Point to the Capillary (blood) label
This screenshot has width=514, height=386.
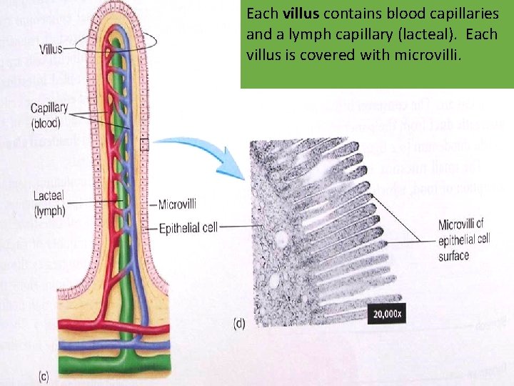tap(49, 115)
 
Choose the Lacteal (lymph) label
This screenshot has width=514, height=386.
tap(49, 203)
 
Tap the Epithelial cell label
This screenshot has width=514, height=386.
tap(188, 227)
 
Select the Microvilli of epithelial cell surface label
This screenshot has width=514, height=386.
tap(465, 240)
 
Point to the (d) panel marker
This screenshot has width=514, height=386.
tap(239, 324)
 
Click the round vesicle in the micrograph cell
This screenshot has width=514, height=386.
tap(283, 238)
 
